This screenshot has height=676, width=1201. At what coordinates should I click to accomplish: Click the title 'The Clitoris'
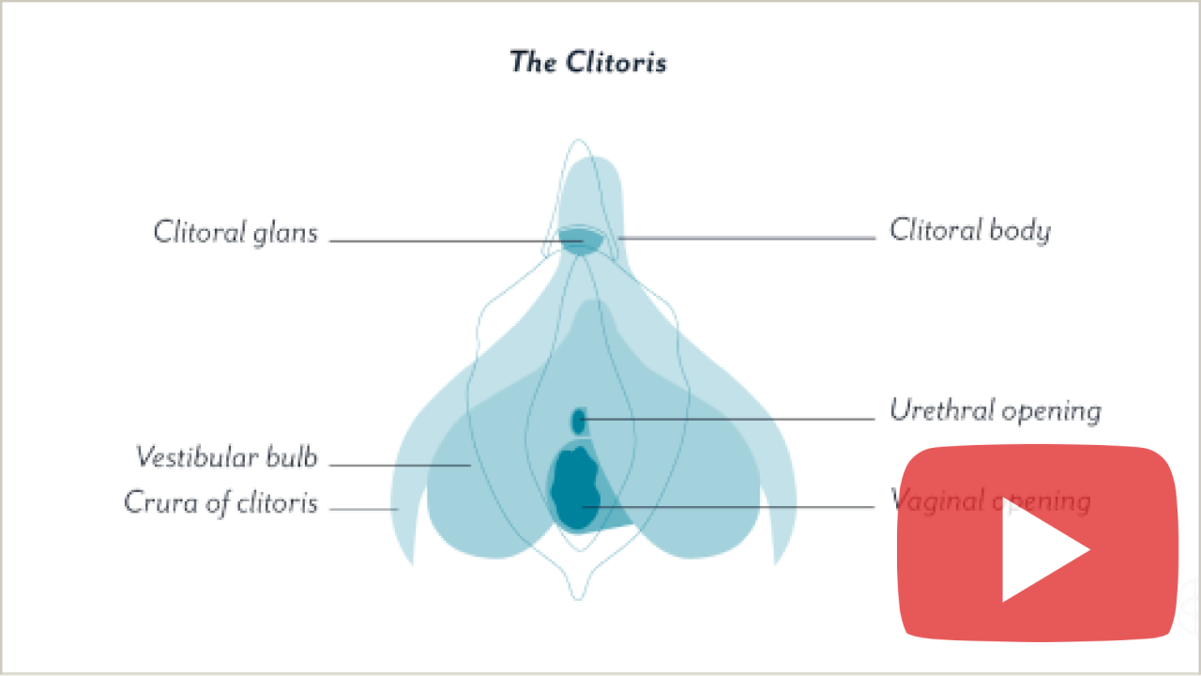pos(588,62)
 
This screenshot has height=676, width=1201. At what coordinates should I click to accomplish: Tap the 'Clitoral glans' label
pos(236,232)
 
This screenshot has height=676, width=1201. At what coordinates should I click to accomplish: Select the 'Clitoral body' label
pos(969,230)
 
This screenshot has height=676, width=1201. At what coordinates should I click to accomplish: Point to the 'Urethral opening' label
pos(995,410)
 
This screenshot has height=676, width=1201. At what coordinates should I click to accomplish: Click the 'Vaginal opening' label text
pos(990,500)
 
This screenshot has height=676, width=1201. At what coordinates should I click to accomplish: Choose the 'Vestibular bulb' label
pos(227,457)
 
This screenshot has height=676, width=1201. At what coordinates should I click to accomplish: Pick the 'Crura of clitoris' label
pos(221,502)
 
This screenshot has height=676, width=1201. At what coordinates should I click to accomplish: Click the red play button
pos(1037,544)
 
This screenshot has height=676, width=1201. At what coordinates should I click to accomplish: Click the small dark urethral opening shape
pos(579,420)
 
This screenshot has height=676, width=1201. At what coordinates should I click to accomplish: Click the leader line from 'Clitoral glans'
pos(441,241)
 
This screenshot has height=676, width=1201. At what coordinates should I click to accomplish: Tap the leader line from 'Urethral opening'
pos(732,419)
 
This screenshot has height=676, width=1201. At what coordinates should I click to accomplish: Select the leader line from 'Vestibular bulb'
pos(399,465)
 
